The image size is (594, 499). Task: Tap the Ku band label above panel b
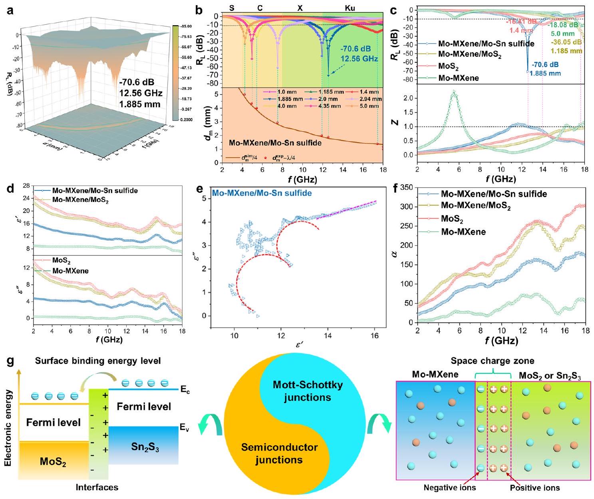coord(350,8)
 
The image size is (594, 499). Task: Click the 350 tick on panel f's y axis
coord(407,188)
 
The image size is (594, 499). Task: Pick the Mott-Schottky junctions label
coord(308,391)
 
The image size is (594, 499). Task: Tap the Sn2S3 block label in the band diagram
coord(145,447)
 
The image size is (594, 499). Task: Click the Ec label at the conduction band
coord(185,390)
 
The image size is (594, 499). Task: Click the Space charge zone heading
coord(492,361)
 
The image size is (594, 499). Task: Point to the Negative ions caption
coord(449,487)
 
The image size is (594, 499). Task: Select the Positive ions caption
coord(534,487)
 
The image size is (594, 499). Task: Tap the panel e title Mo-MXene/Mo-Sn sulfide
coord(262,193)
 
